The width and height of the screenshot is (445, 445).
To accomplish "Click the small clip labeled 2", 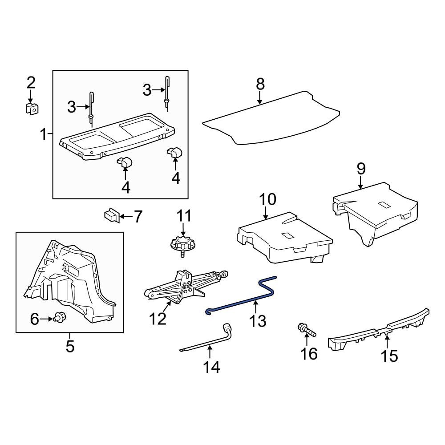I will click(x=31, y=108).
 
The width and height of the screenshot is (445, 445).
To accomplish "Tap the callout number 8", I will click(x=260, y=84).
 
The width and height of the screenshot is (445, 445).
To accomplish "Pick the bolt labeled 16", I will click(x=306, y=331).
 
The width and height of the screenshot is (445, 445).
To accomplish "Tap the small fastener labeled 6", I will click(x=58, y=318).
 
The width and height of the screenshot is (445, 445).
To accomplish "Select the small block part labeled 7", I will click(x=112, y=215).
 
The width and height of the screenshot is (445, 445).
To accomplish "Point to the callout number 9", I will click(x=361, y=169).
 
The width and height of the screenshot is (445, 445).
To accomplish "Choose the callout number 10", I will click(x=268, y=199).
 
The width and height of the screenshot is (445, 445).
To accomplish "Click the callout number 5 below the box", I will click(x=70, y=346).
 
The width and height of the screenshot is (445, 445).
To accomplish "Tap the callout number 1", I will click(x=44, y=133).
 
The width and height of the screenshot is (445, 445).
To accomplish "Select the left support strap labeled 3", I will click(x=91, y=107).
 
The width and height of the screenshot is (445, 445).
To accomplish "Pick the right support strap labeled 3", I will click(x=167, y=91).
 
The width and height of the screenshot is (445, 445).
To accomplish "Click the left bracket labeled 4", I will click(x=124, y=162).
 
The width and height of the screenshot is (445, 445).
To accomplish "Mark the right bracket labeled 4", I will click(x=174, y=154).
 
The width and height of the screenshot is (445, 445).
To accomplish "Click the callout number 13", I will click(x=259, y=320).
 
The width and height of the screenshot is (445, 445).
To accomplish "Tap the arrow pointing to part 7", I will click(x=126, y=217).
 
